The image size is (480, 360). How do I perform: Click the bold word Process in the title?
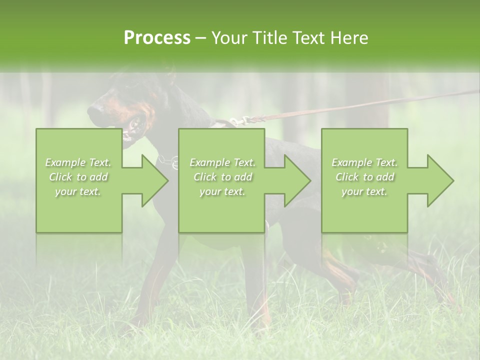pos(157,37)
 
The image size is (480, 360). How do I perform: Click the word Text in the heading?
pos(308,37)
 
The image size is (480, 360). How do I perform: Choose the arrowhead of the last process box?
pos(439,181)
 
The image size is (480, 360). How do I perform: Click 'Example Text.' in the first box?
pos(78,162)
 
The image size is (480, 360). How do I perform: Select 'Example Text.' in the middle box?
pos(222,162)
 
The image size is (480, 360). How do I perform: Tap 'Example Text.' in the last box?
pos(364,162)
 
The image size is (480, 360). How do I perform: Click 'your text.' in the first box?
pos(78,191)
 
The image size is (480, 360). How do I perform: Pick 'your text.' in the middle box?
pos(222,191)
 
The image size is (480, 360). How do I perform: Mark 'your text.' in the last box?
pos(364,191)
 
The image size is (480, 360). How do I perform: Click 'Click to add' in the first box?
pos(78,177)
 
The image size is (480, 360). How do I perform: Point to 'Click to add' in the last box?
pos(364,177)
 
